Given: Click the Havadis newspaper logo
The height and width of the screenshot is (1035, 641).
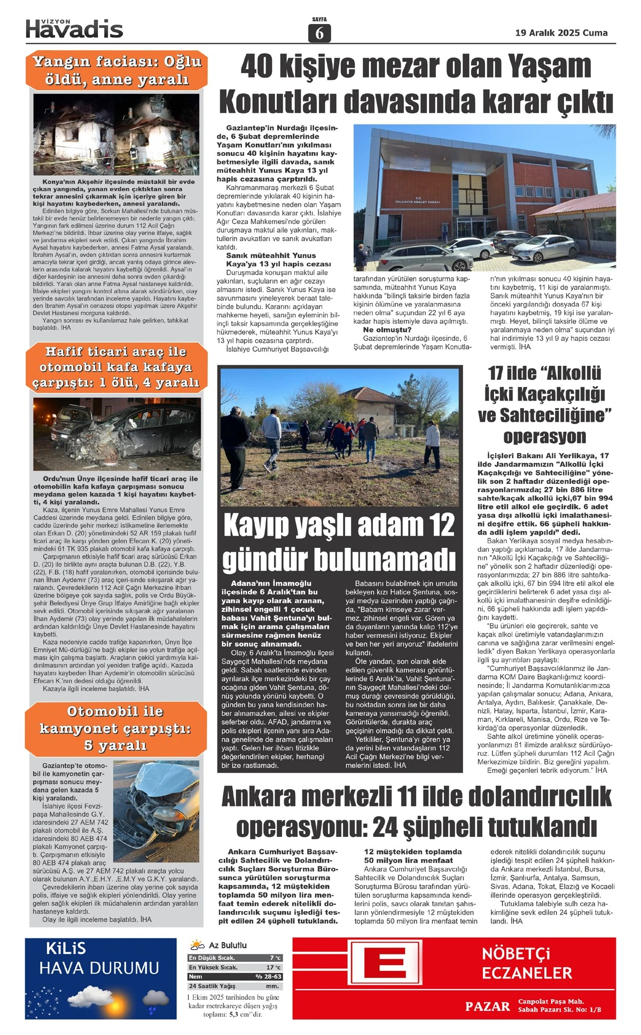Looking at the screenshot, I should [74, 29].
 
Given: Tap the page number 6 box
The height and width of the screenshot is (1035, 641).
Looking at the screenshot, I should [319, 33].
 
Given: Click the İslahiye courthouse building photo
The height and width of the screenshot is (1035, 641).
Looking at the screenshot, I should [484, 198].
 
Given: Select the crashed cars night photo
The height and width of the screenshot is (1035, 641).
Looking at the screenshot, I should [116, 433].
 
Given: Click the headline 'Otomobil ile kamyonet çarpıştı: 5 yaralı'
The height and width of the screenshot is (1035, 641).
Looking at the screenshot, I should [115, 728].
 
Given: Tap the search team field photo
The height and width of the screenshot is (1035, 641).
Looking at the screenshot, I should [340, 436].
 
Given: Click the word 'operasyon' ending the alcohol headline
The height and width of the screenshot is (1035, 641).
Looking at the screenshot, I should [544, 436].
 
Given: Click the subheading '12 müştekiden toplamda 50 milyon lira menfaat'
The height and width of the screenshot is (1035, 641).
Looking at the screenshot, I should [412, 856].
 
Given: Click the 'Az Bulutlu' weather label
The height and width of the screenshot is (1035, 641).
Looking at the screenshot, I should [228, 945].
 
